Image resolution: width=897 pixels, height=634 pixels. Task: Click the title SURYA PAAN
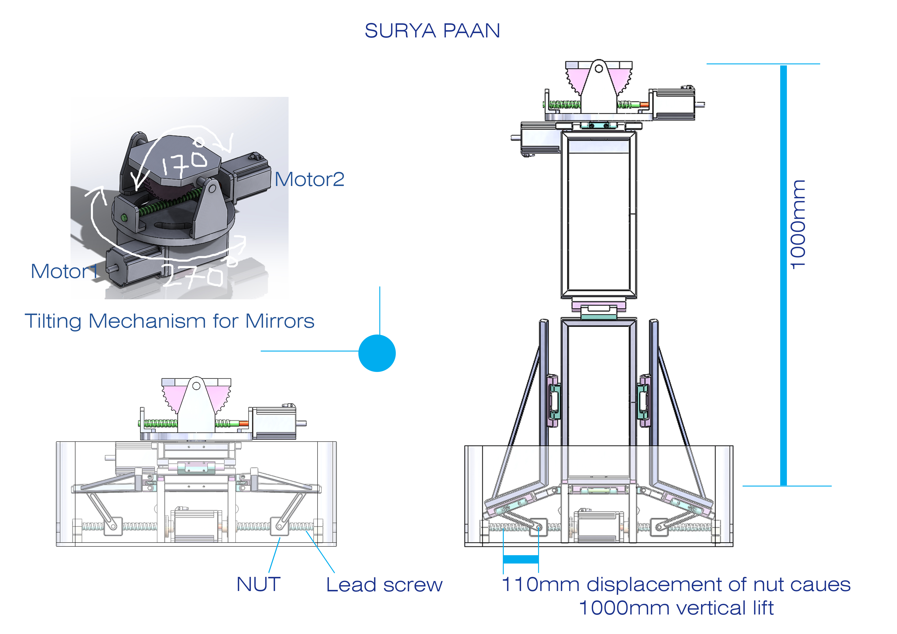point(432,31)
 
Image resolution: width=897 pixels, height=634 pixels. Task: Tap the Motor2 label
point(309,180)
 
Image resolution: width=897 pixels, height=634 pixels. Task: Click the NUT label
point(259,584)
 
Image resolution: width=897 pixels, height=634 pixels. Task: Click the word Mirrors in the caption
point(280,321)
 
